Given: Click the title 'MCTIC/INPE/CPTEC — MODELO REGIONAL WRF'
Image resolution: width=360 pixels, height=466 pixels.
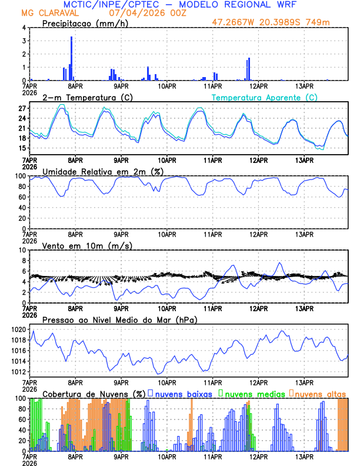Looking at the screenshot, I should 179,5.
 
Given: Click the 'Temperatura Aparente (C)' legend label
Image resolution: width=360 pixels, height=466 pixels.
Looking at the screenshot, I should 264,97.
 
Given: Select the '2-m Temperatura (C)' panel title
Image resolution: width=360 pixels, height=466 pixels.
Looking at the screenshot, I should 83,97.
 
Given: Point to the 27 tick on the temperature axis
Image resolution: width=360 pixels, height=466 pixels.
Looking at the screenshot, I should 22,109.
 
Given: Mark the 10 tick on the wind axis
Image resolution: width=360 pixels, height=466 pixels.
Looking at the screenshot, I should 22,250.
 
